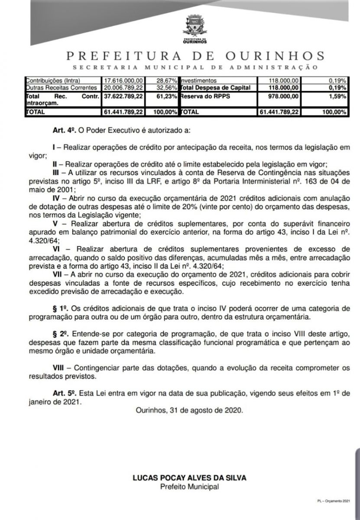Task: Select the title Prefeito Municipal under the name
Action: click(189, 486)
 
